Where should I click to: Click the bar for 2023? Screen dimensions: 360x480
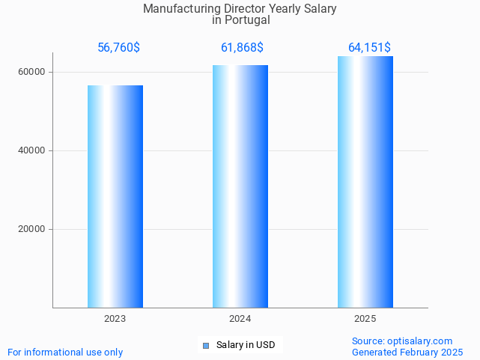click(115, 196)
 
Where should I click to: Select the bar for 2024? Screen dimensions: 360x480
click(240, 186)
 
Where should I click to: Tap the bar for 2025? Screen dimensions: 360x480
click(365, 182)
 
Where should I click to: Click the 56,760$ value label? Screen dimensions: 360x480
click(118, 48)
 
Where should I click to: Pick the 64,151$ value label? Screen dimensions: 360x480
click(369, 48)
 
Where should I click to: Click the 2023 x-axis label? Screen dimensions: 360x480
click(115, 319)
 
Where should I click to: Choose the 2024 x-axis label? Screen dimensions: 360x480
click(240, 319)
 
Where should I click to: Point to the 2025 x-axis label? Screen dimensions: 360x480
click(365, 319)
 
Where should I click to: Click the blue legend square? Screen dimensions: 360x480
click(206, 346)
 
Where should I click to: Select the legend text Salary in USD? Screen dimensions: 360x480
click(246, 345)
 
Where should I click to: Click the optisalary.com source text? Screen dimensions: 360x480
click(419, 341)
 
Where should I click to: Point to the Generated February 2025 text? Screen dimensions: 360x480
click(407, 352)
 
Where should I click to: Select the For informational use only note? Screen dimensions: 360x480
click(65, 352)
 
